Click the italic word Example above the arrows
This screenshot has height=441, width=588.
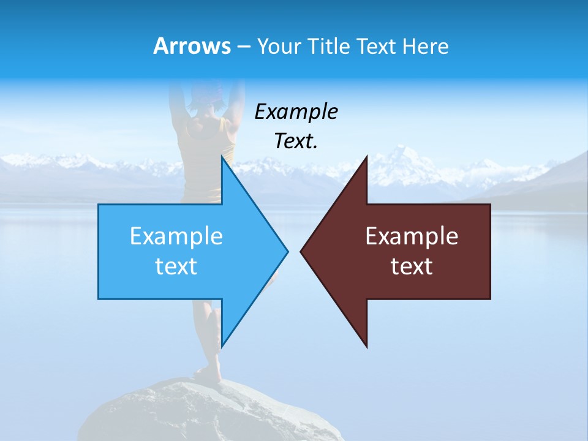point(296,111)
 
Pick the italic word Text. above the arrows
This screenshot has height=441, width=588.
point(296,141)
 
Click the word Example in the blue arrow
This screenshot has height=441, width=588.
point(176,236)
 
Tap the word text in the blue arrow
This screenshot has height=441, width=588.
point(176,266)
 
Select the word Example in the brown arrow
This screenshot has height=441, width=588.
point(412,236)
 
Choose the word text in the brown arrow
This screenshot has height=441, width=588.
point(412,266)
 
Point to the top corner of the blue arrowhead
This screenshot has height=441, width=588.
point(222,157)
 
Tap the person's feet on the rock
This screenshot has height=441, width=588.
point(208,374)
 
